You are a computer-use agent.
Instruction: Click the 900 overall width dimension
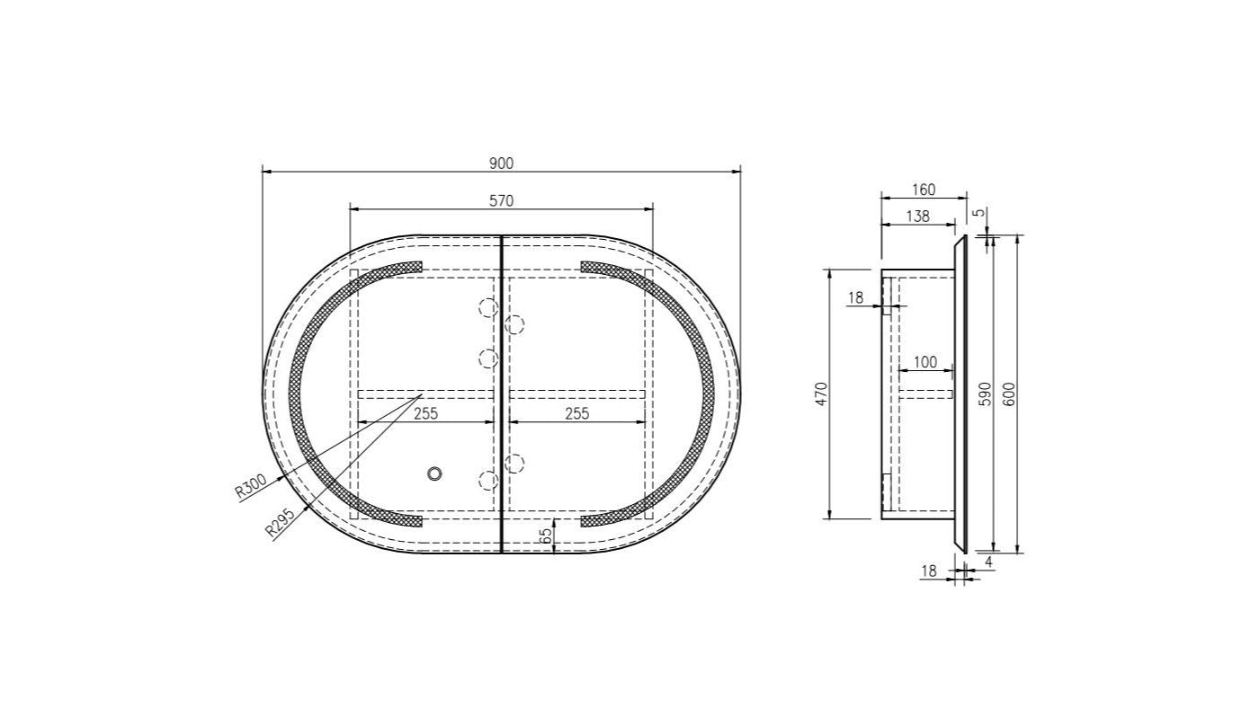coord(501,163)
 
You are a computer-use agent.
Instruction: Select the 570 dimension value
coord(501,201)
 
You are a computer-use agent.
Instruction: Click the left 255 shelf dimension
coord(425,413)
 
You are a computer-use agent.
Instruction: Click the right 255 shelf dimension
coord(576,413)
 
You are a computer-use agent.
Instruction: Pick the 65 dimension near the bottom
coord(546,535)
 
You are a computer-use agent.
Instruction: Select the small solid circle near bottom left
coord(435,473)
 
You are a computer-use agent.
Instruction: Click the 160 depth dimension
coord(923,190)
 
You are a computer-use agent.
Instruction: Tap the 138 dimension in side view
coord(917,217)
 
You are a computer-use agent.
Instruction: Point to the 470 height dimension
coord(821,394)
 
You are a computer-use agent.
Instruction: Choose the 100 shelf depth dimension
coord(925,363)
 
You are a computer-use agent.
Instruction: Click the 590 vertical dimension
coord(985,394)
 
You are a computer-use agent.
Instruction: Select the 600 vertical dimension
coord(1009,394)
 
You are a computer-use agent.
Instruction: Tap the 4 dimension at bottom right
coord(988,562)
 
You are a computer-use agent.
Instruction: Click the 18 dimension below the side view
coord(929,571)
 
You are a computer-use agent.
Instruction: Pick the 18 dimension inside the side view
coord(855,297)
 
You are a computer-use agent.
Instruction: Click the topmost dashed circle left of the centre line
coord(487,308)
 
